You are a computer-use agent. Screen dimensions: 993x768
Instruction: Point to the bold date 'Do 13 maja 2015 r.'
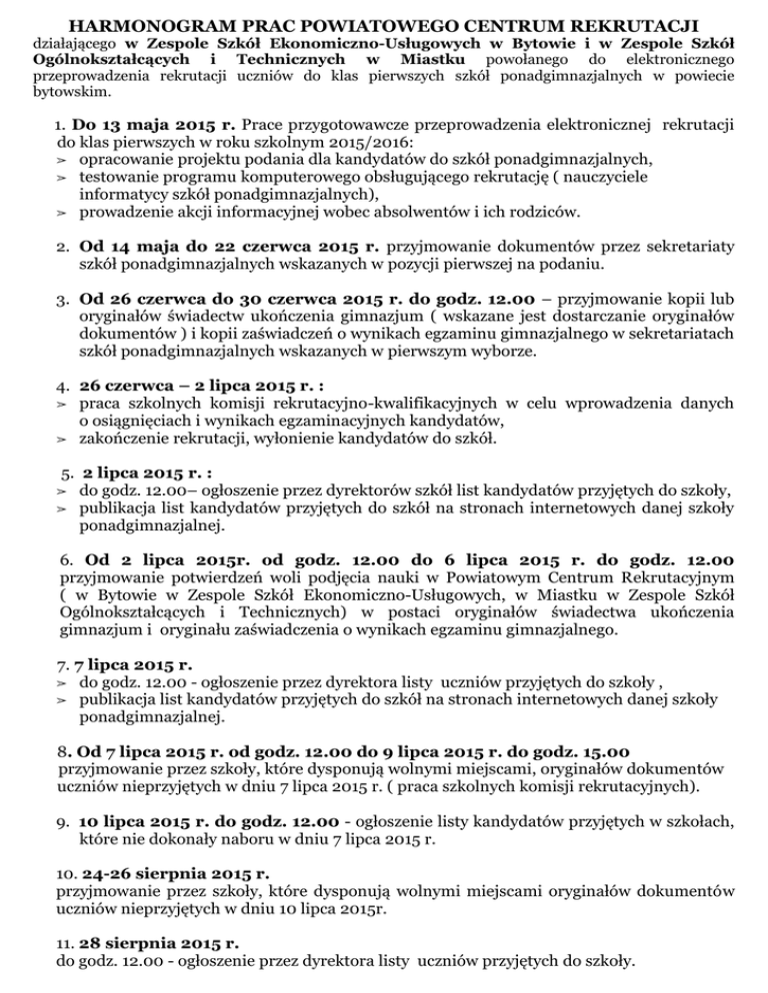coord(154,125)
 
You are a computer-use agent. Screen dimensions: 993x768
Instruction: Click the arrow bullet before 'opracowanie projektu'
coord(61,161)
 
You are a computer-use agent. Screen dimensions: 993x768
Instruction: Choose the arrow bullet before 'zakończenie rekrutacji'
coord(61,440)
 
